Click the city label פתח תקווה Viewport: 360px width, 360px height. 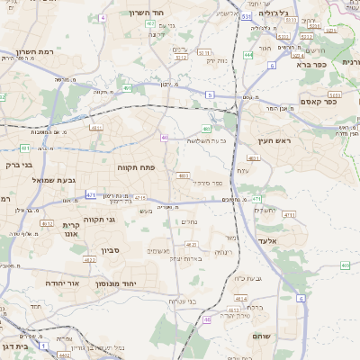[x=138, y=167]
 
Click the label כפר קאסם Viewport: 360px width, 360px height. [x=318, y=102]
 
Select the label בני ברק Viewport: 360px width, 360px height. [x=18, y=166]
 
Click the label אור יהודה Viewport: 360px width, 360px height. [x=61, y=283]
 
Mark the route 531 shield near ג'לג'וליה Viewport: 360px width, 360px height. [x=246, y=16]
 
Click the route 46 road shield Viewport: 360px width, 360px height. [x=207, y=319]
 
